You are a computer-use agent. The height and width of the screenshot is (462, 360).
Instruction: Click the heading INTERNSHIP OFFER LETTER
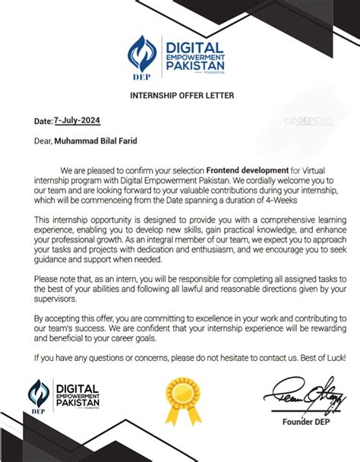[x=179, y=95]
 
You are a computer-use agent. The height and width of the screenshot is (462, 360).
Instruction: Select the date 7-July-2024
[x=76, y=120]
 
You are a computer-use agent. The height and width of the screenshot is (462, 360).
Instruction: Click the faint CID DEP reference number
[x=308, y=120]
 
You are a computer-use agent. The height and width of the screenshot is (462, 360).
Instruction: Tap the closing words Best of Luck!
[x=312, y=356]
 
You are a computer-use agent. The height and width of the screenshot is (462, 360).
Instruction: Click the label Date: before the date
[x=42, y=121]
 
